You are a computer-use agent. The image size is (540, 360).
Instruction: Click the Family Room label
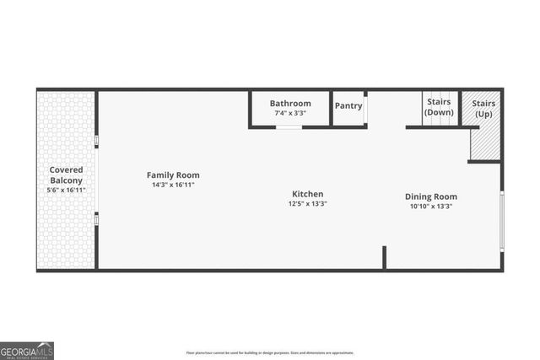[173, 175]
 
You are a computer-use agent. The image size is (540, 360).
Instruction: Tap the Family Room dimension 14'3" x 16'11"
[173, 185]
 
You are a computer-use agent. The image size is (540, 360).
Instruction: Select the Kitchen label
[308, 194]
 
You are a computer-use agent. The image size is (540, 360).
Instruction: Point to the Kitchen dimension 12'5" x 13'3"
[308, 203]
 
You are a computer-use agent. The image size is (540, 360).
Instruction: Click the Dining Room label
[430, 196]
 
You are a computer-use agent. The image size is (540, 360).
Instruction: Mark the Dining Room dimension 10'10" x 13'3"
[430, 206]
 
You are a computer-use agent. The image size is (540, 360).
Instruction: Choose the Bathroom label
[290, 104]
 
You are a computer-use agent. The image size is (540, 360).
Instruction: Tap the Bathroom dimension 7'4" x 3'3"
[290, 113]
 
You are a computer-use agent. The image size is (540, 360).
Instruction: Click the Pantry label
[348, 106]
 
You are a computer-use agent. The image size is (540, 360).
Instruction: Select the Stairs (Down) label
[439, 107]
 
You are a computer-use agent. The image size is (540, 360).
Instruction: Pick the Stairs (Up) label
[483, 108]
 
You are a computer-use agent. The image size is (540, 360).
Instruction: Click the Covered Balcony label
[66, 175]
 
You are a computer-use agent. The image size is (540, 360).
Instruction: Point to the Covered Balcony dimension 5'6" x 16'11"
[66, 191]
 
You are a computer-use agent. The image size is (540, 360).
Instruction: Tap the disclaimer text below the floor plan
[269, 352]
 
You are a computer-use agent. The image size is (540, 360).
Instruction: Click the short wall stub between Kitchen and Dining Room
[384, 257]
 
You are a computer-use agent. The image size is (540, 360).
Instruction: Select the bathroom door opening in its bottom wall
[289, 127]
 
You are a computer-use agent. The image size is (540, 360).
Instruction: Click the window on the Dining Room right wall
[501, 221]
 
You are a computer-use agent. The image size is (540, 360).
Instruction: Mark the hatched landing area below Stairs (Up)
[484, 142]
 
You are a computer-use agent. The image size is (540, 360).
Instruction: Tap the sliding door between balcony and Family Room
[96, 180]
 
